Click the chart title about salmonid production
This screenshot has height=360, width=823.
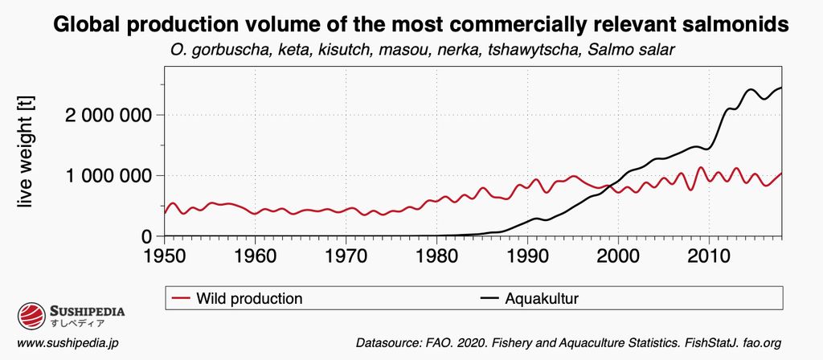(420, 25)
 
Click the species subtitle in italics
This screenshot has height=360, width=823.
(422, 51)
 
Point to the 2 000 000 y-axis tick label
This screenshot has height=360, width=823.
(108, 115)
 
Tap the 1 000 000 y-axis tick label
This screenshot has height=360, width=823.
(108, 175)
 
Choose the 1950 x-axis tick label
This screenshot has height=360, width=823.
(164, 254)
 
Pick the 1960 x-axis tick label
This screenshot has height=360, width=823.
(255, 254)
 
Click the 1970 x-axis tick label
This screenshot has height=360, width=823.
(346, 254)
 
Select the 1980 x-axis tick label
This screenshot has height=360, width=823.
(436, 254)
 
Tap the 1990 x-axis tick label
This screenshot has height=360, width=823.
(527, 254)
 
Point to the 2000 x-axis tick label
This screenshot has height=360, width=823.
(618, 254)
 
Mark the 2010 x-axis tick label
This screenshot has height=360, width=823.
(709, 254)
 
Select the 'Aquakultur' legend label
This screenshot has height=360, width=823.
(542, 299)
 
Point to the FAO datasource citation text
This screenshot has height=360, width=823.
(568, 343)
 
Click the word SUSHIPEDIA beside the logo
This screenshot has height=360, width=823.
(88, 310)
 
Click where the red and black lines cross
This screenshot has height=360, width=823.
(614, 186)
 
